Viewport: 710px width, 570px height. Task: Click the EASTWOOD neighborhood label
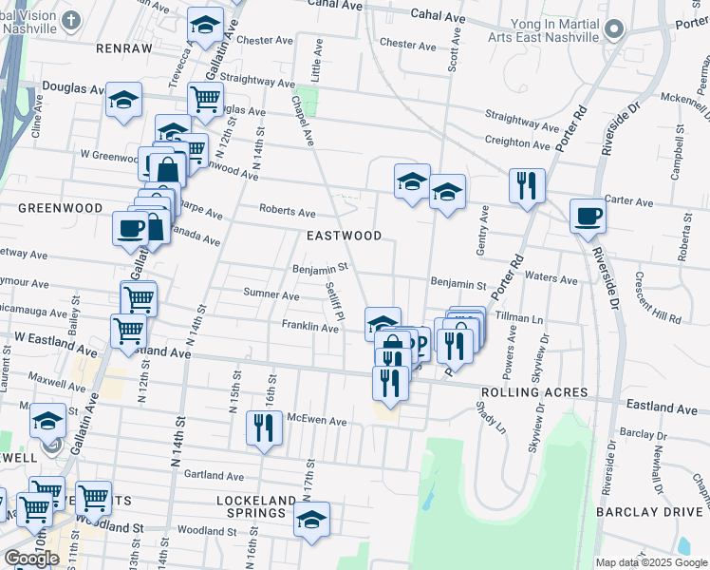coord(344,236)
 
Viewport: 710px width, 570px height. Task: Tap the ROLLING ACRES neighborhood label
coord(534,392)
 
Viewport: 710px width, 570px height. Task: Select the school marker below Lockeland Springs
coord(311,522)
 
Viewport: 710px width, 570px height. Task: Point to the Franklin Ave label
coord(309,327)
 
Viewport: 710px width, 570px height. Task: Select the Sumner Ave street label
coord(271,294)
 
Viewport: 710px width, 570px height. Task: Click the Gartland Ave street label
coord(214,475)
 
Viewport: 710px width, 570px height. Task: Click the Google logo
coord(31,559)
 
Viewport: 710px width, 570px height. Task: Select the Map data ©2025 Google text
coord(650,562)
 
